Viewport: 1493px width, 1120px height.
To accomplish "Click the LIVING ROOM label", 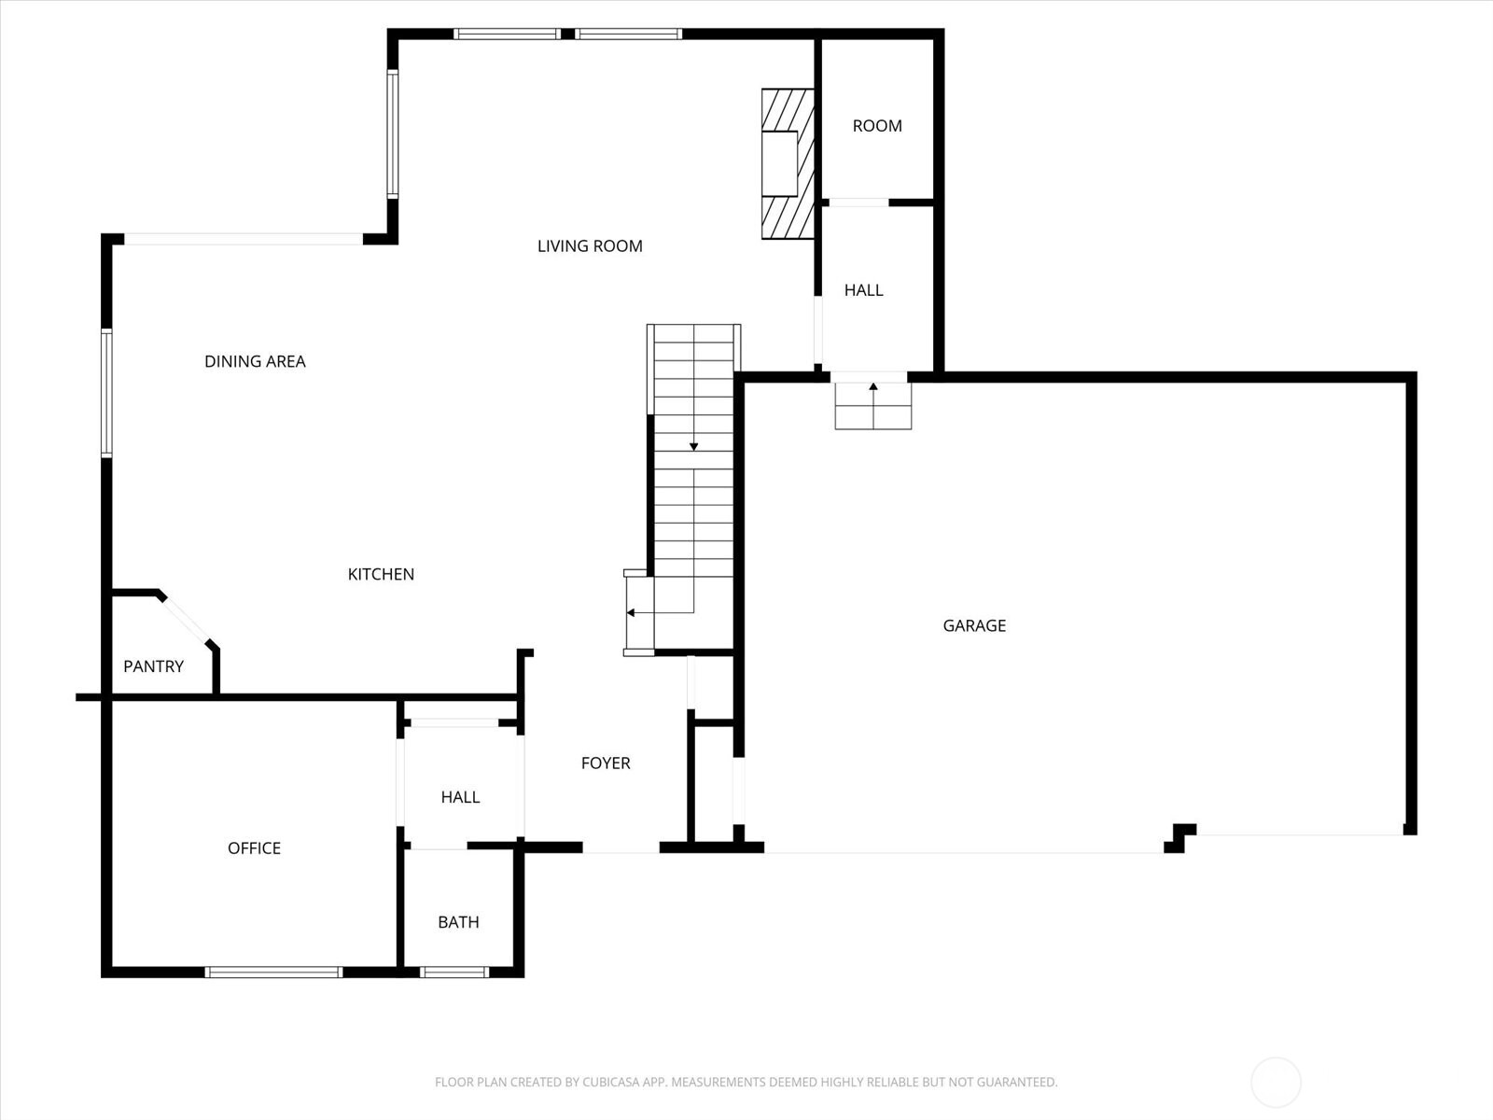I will coord(590,246).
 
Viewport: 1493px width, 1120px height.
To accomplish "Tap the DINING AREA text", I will coord(255,361).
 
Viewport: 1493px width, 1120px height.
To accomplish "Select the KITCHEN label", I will coord(381,574).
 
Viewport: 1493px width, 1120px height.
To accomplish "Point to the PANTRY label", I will coord(153,666).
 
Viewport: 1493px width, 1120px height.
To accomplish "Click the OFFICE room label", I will coord(254,847).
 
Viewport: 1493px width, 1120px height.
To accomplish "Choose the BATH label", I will coord(458,922).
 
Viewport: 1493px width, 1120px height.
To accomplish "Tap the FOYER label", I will coord(606,763).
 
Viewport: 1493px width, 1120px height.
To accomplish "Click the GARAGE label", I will coord(974,625).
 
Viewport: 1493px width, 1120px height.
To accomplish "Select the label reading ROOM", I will coord(877,126).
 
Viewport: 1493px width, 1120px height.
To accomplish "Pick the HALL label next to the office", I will coord(460,797).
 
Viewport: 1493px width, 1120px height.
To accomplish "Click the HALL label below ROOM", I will coord(863,290).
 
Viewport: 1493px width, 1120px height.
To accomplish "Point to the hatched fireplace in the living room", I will coord(787,163).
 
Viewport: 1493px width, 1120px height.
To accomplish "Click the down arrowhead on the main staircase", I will coord(693,447).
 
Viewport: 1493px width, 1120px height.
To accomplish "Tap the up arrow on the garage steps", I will coord(873,386).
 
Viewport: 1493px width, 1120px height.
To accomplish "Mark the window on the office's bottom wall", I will coord(273,972).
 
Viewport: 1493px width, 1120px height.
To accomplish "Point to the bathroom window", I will coord(454,972).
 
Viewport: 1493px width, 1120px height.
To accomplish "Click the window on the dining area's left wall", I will coord(106,393).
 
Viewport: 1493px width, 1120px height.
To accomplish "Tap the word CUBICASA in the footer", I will coord(613,1083).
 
